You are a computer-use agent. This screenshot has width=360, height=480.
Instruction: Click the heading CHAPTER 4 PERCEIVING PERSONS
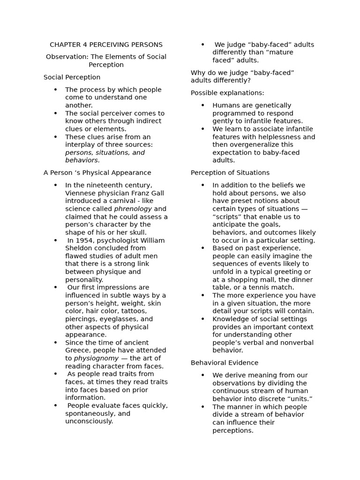[106, 45]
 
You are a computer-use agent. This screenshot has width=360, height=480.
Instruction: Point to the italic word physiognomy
[96, 359]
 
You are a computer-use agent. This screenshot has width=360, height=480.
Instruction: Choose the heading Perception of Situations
[230, 173]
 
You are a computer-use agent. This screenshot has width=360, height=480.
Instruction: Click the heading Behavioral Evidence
[225, 363]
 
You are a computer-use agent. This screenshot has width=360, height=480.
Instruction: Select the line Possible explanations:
[227, 93]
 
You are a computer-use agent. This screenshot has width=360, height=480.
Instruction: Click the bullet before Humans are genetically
[202, 105]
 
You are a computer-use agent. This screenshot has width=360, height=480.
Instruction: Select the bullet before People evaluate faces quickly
[55, 405]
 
